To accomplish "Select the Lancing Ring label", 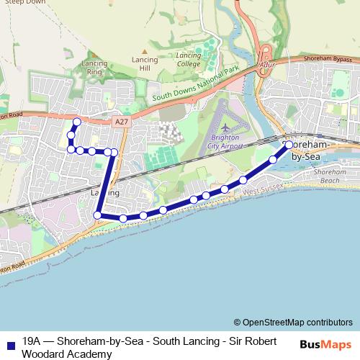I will click(x=94, y=68).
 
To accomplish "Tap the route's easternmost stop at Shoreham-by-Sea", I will click(x=289, y=145).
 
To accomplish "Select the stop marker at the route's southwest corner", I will click(x=97, y=215).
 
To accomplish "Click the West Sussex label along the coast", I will click(x=264, y=189).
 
